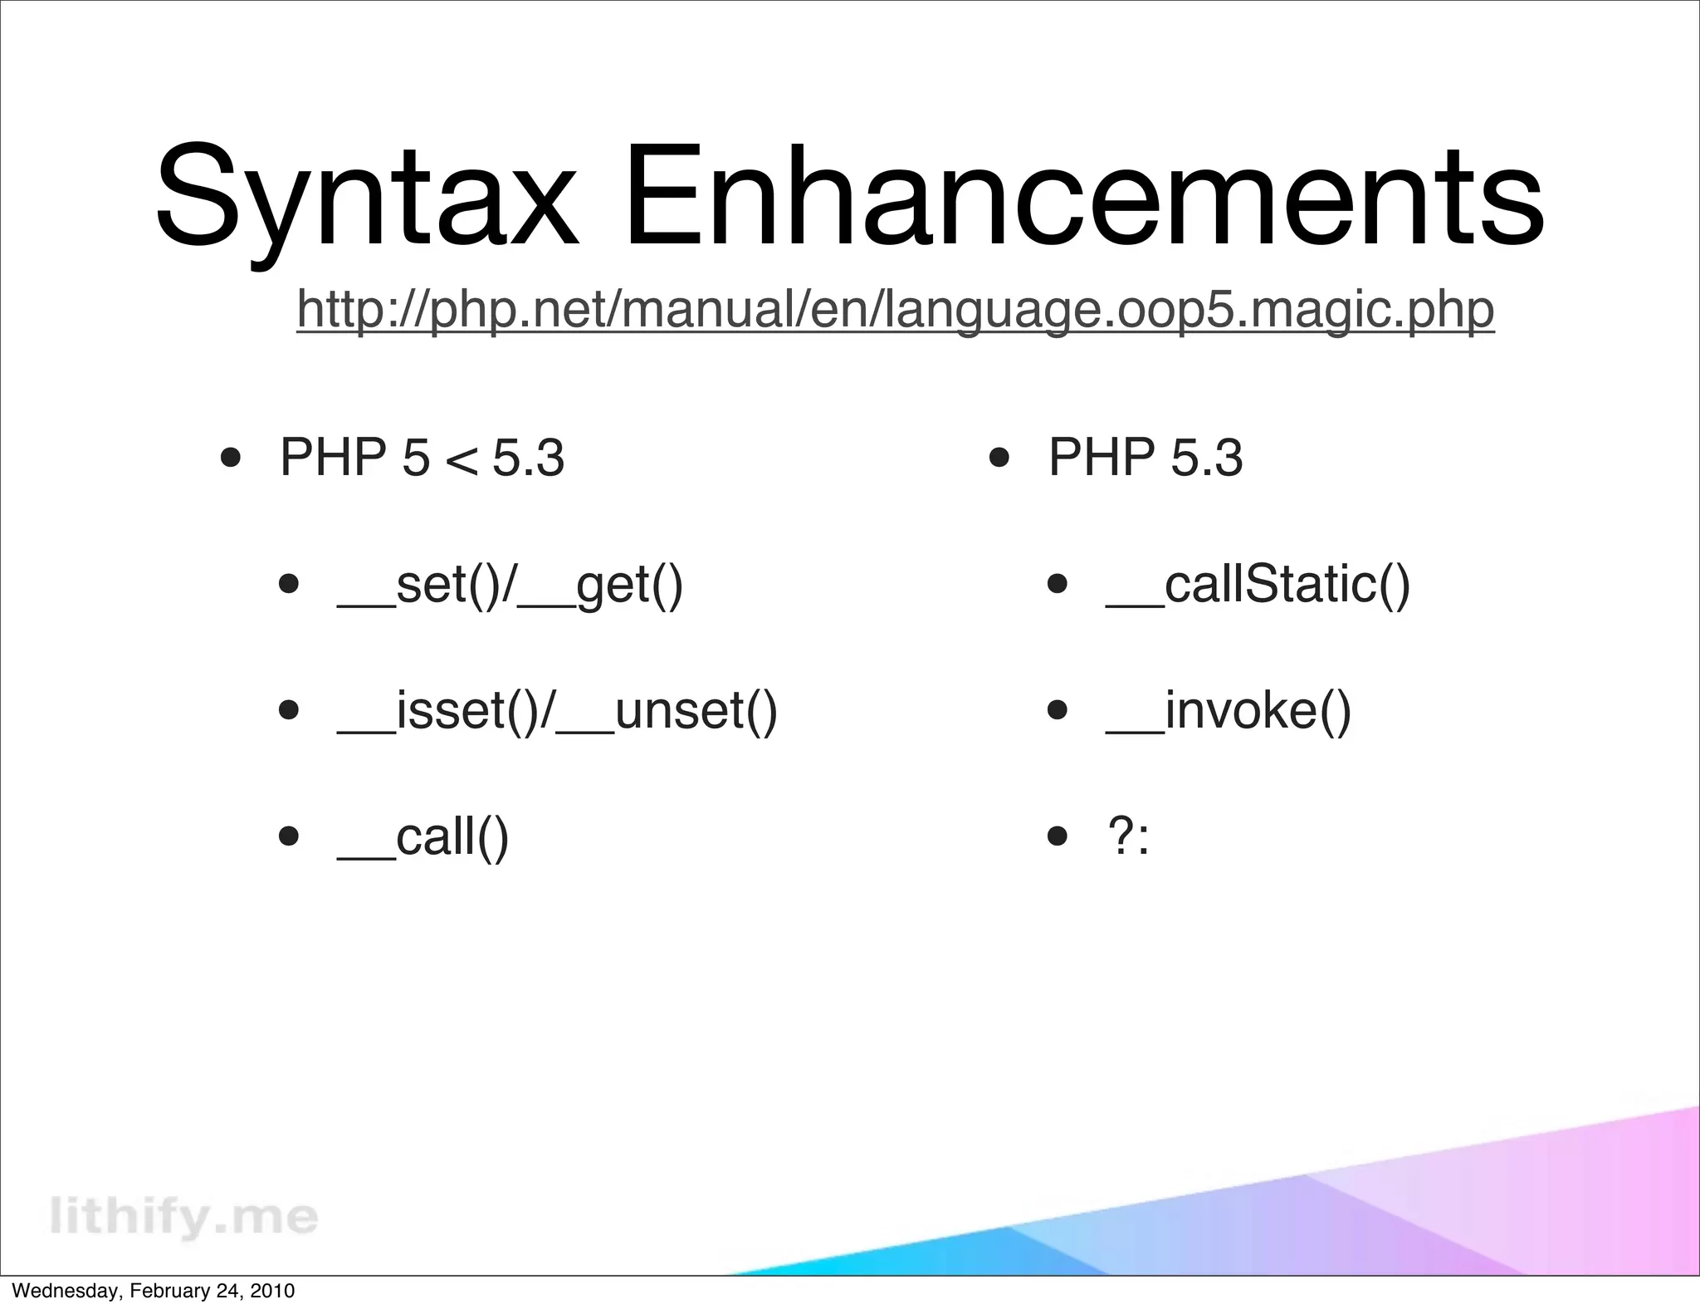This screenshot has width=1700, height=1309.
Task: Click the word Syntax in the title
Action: pos(365,199)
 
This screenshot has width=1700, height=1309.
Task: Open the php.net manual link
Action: pos(895,309)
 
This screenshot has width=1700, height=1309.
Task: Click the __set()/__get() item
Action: pos(510,585)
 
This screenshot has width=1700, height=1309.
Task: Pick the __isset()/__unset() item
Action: pos(557,711)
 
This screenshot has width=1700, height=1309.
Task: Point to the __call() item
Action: pos(423,836)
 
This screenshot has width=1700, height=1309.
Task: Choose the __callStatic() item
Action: pos(1258,585)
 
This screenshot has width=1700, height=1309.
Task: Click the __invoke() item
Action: pos(1229,711)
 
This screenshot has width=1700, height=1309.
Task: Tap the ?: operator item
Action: pos(1129,836)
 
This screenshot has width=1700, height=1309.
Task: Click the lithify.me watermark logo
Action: pos(183,1216)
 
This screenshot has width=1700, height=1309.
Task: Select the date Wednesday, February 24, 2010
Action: pos(154,1291)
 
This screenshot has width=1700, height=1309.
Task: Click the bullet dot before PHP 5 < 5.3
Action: pos(231,458)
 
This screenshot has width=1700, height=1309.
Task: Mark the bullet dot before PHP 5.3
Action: pos(999,458)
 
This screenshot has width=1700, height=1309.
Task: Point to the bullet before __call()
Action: pos(289,836)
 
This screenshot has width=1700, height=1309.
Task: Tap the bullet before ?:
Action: pos(1057,836)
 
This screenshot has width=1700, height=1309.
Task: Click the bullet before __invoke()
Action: pos(1057,710)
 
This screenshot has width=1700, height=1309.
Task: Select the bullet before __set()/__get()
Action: pos(289,584)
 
